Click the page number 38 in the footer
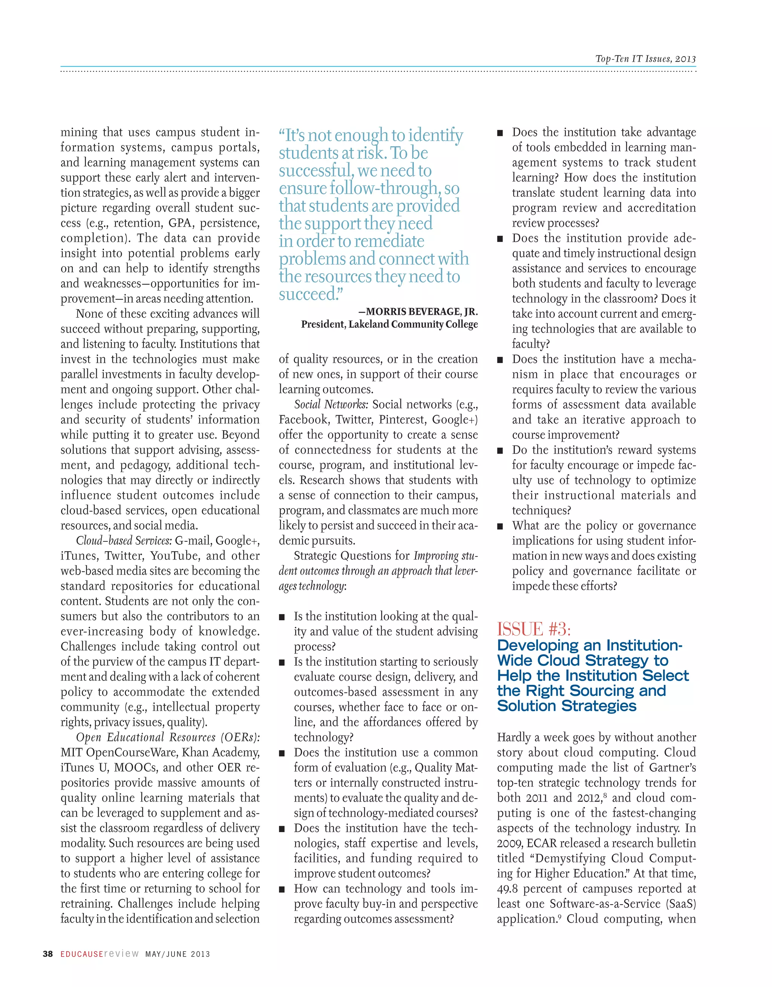click(47, 954)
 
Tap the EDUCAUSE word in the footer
click(82, 954)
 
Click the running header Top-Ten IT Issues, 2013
click(645, 59)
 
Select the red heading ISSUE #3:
click(534, 629)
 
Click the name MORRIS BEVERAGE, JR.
click(421, 312)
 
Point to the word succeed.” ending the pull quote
click(311, 294)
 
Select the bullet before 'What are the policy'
click(500, 526)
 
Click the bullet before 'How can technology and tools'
click(282, 889)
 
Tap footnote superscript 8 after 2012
click(605, 794)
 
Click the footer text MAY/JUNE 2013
click(177, 954)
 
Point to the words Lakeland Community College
click(412, 324)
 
